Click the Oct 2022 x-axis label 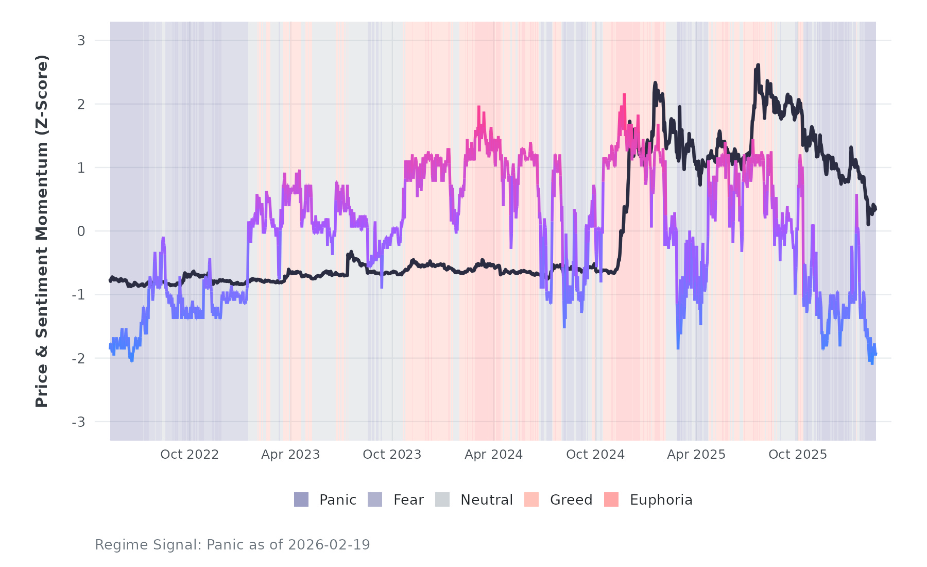click(190, 455)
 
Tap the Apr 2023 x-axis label click(290, 455)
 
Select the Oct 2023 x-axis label click(392, 455)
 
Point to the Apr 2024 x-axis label click(493, 455)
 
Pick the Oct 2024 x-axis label click(595, 455)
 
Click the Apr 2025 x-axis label click(696, 455)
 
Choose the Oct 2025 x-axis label click(798, 455)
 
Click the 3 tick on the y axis click(81, 41)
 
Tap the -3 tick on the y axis click(78, 422)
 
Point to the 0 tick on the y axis click(81, 231)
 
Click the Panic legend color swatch click(301, 499)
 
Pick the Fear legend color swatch click(375, 499)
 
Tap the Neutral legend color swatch click(442, 499)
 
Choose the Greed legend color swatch click(531, 499)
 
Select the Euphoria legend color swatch click(611, 499)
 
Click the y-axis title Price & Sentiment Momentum click(41, 231)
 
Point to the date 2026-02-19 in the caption click(329, 545)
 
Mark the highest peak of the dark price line click(758, 65)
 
